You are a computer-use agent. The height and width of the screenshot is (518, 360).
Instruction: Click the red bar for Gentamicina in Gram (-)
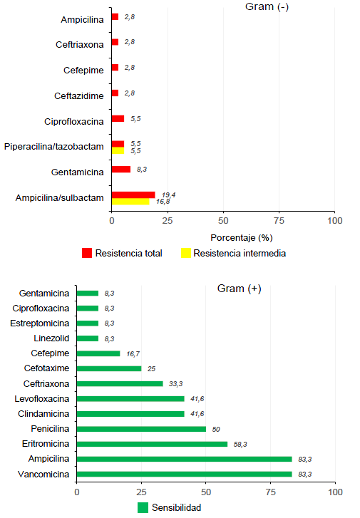121,170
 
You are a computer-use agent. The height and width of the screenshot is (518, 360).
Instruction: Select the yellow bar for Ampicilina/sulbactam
130,202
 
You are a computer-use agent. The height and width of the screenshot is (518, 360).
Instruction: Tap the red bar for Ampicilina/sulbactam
133,195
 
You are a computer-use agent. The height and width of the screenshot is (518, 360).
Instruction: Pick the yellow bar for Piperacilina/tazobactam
118,150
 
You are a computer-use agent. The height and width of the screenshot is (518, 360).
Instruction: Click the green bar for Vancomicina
184,474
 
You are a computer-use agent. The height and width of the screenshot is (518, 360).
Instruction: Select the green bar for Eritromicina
152,444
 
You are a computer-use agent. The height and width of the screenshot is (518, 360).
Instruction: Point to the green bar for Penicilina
141,429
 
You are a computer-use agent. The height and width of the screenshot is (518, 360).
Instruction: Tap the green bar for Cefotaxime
108,368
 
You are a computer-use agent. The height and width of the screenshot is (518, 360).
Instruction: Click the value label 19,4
169,194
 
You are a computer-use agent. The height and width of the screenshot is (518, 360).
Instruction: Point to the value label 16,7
133,353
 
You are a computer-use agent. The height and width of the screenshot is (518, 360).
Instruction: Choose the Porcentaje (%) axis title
242,237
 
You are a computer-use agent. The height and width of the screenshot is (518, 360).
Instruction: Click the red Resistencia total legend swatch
87,253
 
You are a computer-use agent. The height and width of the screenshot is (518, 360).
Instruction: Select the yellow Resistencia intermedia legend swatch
186,253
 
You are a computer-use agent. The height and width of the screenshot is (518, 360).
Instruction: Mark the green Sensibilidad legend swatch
143,507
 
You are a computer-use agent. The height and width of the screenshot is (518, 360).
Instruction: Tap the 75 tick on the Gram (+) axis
271,492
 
